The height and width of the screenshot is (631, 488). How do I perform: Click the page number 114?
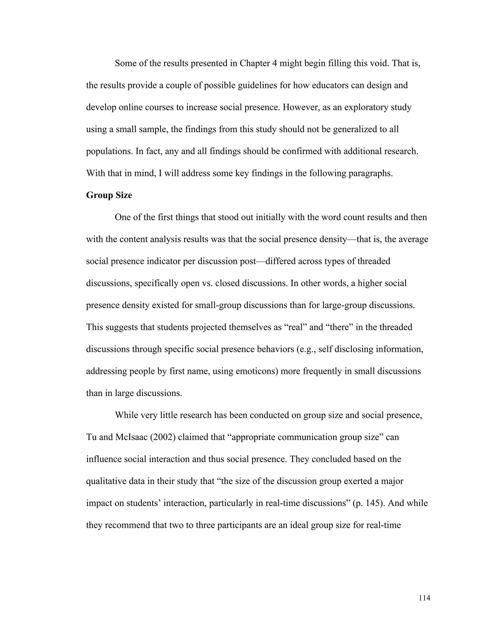424,598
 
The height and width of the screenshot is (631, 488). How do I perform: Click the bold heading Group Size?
109,195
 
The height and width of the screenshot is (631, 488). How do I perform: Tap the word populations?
110,151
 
